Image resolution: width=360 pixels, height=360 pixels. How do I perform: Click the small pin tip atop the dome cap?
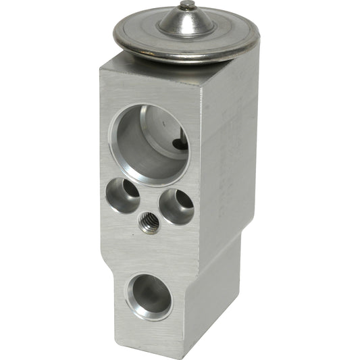pos(186,5)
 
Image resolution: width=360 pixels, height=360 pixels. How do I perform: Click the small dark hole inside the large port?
pos(180,143)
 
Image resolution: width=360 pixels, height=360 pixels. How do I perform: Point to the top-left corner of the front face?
pos(101,67)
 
